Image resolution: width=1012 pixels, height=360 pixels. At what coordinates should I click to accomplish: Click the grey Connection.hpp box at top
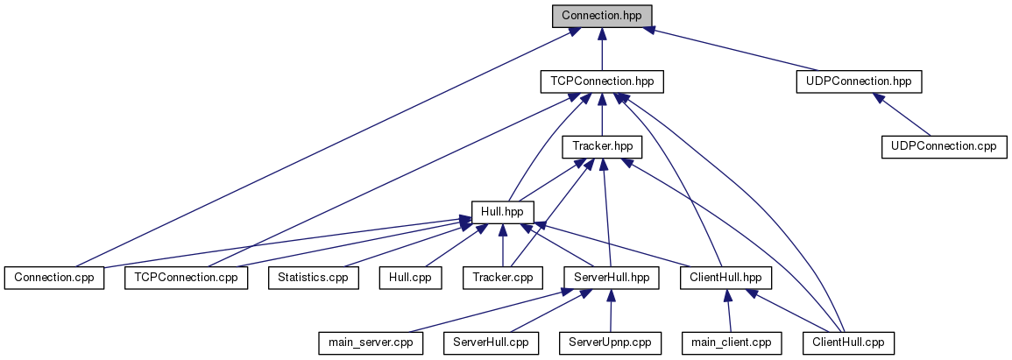[x=602, y=17]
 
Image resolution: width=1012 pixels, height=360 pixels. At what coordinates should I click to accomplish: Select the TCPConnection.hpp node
[x=602, y=81]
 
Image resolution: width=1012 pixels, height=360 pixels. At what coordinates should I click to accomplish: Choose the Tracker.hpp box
[x=602, y=146]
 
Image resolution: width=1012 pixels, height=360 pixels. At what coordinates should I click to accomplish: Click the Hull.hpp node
[x=502, y=212]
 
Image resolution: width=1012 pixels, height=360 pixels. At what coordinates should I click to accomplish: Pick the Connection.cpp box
[x=53, y=278]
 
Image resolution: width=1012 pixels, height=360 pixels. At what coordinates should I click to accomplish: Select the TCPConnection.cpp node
[x=186, y=278]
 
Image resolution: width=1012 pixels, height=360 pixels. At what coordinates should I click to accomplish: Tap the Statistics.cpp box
[x=313, y=278]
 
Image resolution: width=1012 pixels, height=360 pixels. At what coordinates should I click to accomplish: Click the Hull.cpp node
[x=410, y=278]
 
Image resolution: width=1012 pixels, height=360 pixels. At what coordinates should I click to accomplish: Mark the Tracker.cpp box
[x=502, y=278]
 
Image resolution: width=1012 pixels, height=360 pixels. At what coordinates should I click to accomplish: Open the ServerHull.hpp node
[x=610, y=278]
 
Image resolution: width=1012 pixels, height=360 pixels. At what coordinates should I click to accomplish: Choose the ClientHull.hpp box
[x=724, y=278]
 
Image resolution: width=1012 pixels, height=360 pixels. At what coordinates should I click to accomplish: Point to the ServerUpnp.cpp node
[x=610, y=342]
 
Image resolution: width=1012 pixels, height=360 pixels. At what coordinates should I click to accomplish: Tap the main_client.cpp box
[x=731, y=342]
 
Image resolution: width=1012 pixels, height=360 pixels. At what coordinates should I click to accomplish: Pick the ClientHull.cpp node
[x=848, y=342]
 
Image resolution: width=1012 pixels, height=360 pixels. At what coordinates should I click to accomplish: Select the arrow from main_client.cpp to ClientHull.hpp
[x=727, y=310]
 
